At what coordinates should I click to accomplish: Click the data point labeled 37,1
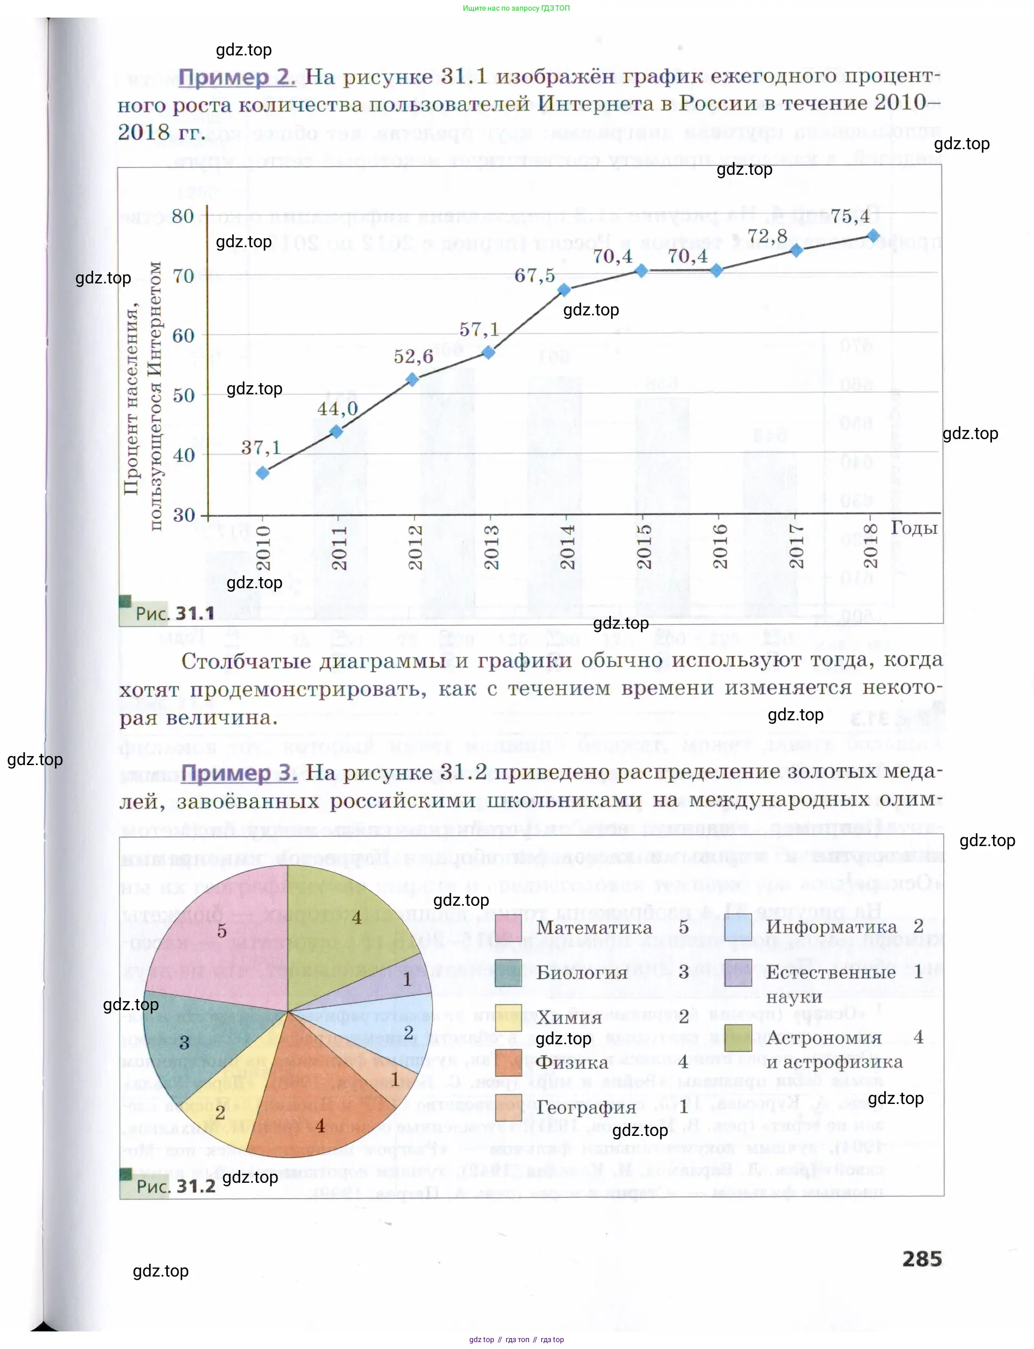point(263,473)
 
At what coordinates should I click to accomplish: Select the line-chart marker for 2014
point(564,290)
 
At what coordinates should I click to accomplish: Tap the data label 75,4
point(850,217)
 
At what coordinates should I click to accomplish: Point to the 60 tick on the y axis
point(183,336)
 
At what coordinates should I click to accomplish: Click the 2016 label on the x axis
point(720,547)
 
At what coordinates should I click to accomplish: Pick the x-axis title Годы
point(914,528)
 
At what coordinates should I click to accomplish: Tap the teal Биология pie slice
point(185,1040)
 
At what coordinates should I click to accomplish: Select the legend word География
point(586,1107)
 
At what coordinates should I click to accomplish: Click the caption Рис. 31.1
point(175,614)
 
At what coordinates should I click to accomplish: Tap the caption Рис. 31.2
point(176,1186)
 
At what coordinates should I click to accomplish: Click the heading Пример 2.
point(237,77)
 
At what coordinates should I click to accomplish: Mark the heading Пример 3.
point(239,773)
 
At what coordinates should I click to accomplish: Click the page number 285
point(922,1258)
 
